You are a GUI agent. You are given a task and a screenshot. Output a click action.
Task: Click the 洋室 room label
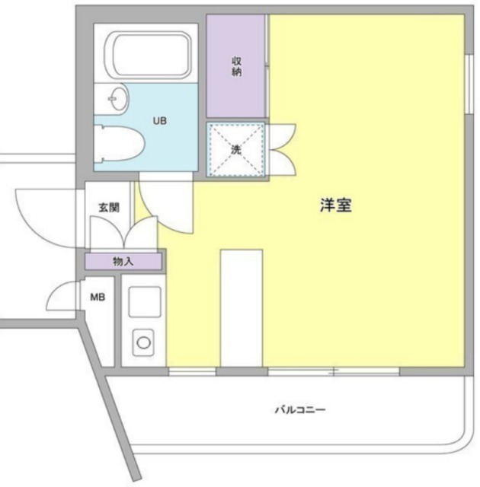[335, 205]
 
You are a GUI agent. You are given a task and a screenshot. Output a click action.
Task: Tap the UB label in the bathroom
[160, 120]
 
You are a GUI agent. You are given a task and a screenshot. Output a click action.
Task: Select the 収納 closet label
[236, 66]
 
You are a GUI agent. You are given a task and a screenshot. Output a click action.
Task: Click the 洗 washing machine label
[236, 149]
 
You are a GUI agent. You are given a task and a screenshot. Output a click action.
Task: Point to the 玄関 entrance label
[107, 206]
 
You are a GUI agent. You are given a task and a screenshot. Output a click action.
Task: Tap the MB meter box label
[98, 298]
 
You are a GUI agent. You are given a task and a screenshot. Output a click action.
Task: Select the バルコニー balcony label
[300, 410]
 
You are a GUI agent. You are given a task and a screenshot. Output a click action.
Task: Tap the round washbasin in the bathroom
[118, 99]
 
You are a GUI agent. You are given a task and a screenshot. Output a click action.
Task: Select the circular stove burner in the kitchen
[143, 342]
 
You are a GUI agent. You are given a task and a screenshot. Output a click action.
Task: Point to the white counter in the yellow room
[240, 308]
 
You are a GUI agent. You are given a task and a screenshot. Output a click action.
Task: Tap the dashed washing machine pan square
[236, 149]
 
